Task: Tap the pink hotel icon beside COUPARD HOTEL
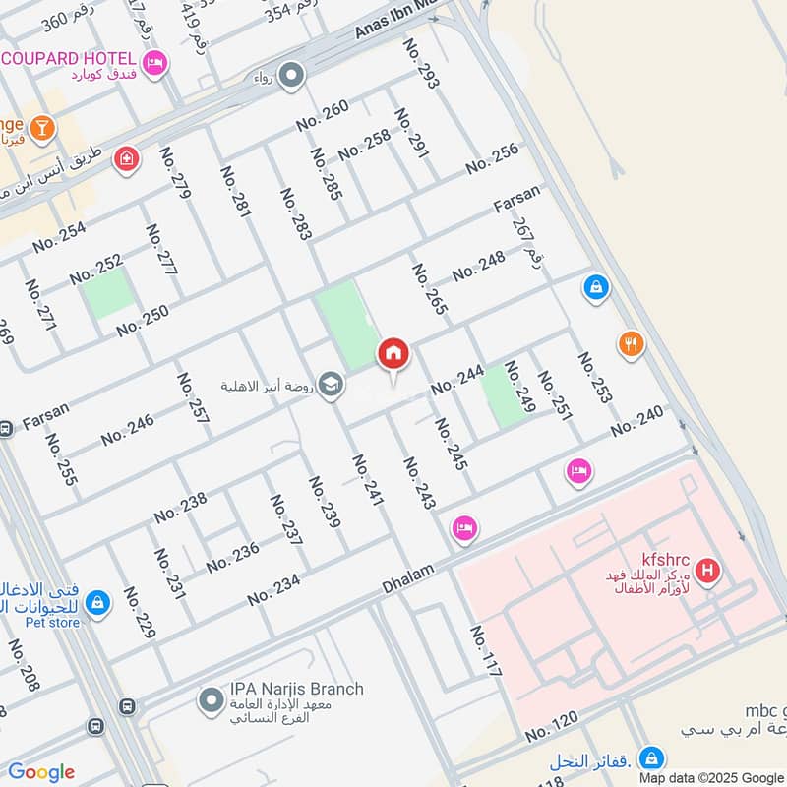154,65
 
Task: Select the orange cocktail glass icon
41,127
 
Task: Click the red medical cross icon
126,158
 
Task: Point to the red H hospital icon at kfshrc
705,570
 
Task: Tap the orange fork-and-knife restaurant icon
631,344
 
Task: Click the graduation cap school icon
332,385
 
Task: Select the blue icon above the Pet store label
96,601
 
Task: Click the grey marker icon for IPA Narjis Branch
210,701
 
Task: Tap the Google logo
41,772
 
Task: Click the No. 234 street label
273,590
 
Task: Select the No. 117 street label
486,650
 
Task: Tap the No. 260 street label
323,116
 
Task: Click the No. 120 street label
551,727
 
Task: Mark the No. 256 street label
492,158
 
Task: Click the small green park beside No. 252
107,293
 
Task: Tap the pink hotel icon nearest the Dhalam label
464,528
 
